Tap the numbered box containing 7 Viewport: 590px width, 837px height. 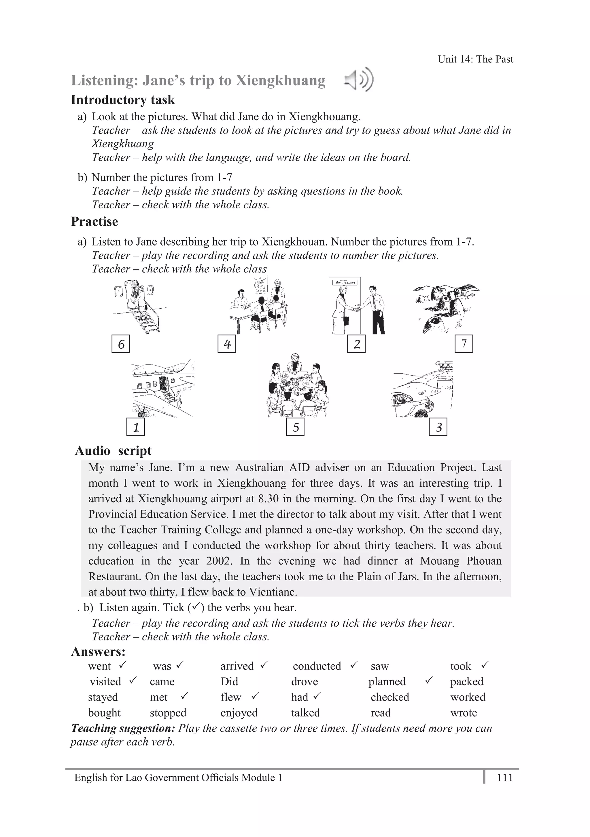tap(464, 344)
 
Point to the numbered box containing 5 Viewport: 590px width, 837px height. tap(295, 427)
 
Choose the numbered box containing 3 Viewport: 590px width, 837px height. tap(438, 427)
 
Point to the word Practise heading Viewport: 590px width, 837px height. tap(94, 222)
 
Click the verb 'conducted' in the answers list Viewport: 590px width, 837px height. tap(317, 666)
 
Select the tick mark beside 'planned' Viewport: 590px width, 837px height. tap(430, 680)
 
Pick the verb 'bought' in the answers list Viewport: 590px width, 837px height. tap(104, 713)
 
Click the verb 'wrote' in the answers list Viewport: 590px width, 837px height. tap(464, 713)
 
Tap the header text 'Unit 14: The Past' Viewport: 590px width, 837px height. tap(475, 59)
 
